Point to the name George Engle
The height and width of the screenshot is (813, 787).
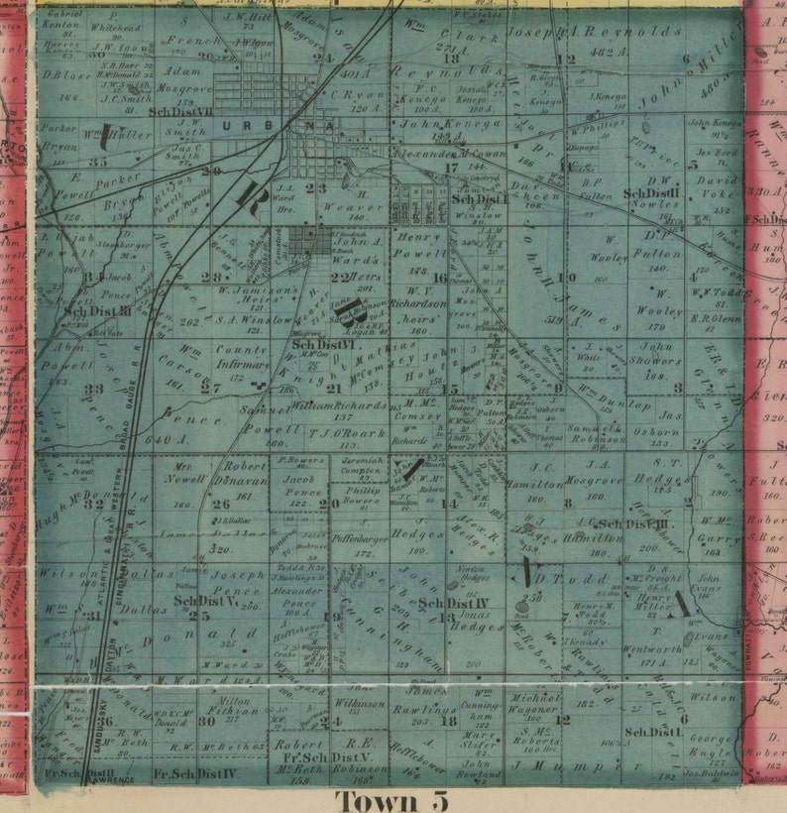[711, 747]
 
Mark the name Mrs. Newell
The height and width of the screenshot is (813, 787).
[179, 471]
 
